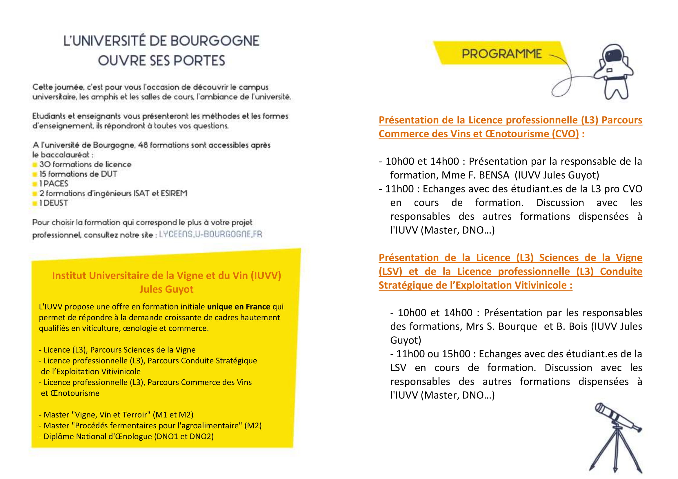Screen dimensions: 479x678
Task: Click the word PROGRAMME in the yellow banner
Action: click(501, 54)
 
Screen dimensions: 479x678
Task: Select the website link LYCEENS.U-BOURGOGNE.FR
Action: click(210, 234)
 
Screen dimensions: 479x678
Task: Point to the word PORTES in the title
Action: click(199, 61)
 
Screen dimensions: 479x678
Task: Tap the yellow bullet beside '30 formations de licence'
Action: click(35, 165)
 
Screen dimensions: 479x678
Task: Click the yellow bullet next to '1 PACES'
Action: click(35, 184)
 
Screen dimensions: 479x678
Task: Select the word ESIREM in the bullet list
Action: click(175, 193)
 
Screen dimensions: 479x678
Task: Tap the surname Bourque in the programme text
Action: click(517, 326)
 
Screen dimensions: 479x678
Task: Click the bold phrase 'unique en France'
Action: click(239, 307)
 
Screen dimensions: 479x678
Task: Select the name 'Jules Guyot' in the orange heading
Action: click(166, 289)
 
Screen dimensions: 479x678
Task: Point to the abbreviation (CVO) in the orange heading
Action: click(565, 134)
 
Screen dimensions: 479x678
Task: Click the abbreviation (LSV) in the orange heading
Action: click(390, 272)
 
